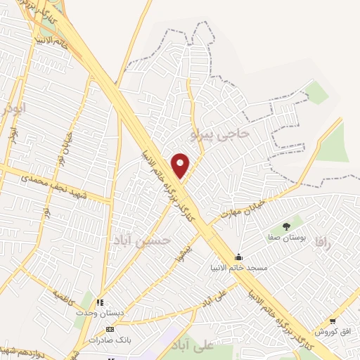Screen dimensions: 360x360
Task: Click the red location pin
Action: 181,165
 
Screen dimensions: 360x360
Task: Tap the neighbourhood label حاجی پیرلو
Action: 219,133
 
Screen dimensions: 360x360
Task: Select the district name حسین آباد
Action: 142,240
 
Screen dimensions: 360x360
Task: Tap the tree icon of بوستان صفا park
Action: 287,226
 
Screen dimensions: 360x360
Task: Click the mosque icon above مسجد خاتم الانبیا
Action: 239,257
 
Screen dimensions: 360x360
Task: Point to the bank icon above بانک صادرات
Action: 109,329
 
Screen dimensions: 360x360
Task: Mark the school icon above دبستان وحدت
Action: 101,302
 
